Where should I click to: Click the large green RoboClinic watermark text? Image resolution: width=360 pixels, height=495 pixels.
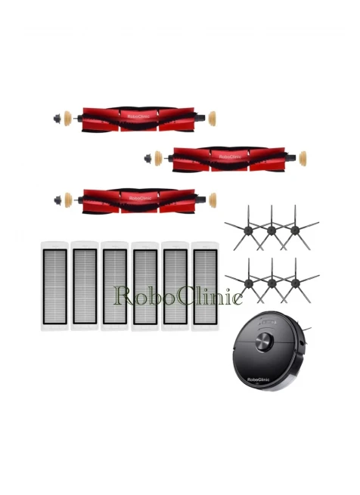pyautogui.click(x=178, y=295)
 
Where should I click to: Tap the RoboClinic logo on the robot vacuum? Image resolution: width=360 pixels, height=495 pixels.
pyautogui.click(x=258, y=379)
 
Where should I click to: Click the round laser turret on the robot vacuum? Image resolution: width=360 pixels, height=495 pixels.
pyautogui.click(x=264, y=342)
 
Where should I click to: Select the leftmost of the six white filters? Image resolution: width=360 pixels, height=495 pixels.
pyautogui.click(x=54, y=286)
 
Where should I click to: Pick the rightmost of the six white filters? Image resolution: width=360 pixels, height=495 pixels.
pyautogui.click(x=205, y=286)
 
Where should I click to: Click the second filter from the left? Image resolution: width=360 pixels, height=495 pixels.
pyautogui.click(x=85, y=286)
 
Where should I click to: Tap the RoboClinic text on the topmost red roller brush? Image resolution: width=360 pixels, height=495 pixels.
pyautogui.click(x=138, y=116)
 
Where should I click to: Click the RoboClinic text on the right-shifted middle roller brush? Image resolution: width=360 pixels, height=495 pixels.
pyautogui.click(x=230, y=156)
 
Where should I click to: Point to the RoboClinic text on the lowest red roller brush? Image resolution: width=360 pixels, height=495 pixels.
pyautogui.click(x=140, y=198)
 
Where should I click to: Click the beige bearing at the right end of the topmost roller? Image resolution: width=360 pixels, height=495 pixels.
pyautogui.click(x=212, y=119)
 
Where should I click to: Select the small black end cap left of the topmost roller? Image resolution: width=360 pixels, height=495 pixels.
pyautogui.click(x=57, y=119)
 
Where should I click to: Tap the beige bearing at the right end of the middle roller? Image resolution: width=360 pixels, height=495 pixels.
pyautogui.click(x=303, y=159)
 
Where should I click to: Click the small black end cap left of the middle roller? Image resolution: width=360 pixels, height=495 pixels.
pyautogui.click(x=147, y=159)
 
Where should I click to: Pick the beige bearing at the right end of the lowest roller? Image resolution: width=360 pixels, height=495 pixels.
pyautogui.click(x=213, y=200)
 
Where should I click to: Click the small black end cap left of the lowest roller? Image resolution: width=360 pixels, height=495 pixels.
pyautogui.click(x=57, y=200)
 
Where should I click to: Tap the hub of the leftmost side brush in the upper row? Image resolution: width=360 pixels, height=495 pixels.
pyautogui.click(x=248, y=230)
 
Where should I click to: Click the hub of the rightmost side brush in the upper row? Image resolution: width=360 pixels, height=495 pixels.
pyautogui.click(x=295, y=230)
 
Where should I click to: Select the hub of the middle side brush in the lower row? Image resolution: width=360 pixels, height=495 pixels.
pyautogui.click(x=272, y=283)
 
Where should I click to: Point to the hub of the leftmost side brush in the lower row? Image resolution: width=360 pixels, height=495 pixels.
pyautogui.click(x=248, y=283)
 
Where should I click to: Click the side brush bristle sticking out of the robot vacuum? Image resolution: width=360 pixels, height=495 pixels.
pyautogui.click(x=306, y=329)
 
